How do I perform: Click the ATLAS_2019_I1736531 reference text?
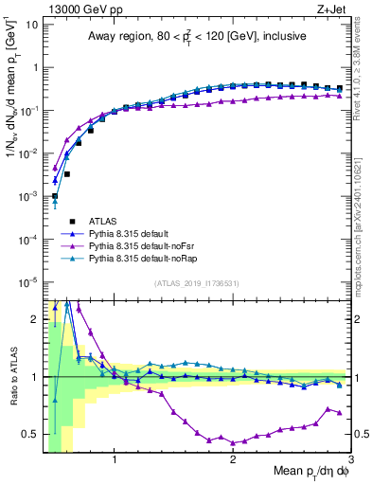point(195,283)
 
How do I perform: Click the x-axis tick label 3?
point(350,463)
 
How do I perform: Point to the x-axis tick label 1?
point(115,463)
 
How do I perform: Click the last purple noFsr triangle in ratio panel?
point(340,412)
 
